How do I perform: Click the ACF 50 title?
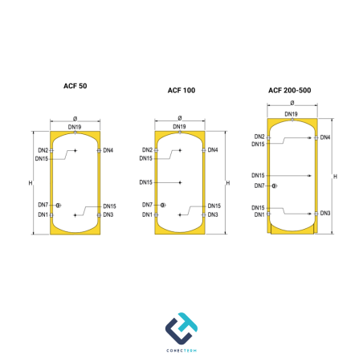[75, 86]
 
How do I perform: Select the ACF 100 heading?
[181, 91]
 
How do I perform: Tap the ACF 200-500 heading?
[290, 91]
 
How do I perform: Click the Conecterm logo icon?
[181, 328]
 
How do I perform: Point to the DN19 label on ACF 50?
[75, 127]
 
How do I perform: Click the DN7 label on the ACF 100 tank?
[147, 205]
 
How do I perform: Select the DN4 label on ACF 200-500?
[325, 137]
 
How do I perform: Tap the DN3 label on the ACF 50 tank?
[108, 214]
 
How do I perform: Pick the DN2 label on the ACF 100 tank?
[147, 150]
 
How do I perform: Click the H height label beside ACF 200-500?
[335, 177]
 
